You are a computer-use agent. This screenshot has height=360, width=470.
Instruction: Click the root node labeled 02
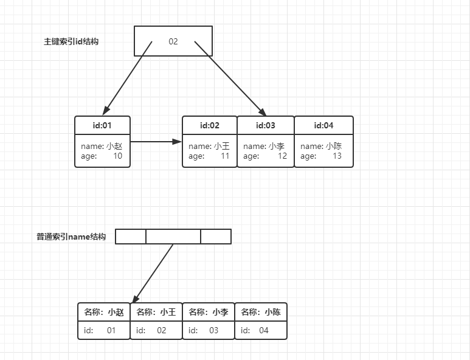coord(173,41)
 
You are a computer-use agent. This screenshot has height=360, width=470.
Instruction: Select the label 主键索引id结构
coord(71,42)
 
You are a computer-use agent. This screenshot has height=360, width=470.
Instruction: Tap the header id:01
coord(102,125)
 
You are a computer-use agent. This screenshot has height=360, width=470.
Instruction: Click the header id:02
coord(210,125)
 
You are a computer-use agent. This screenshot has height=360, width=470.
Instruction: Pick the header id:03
coord(266,125)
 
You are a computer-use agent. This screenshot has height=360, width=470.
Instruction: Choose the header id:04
coord(323,125)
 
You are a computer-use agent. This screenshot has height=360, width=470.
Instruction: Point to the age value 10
coord(117,156)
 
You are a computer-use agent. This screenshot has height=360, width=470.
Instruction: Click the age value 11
coord(225,156)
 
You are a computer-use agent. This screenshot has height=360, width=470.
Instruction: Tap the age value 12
coord(282,156)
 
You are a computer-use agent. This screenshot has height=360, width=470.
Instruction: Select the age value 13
coord(337,156)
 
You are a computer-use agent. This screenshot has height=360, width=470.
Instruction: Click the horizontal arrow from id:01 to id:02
coord(156,142)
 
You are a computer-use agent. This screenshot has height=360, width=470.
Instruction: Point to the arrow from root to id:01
coord(126,78)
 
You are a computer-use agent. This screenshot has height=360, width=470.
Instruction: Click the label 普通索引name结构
coord(71,237)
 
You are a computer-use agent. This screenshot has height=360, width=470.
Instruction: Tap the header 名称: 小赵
coord(104,312)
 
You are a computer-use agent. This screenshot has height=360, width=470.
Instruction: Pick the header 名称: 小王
coord(156,312)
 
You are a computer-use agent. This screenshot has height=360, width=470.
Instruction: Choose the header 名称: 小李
coord(209,312)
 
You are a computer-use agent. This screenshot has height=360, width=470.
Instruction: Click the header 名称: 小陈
coord(261,312)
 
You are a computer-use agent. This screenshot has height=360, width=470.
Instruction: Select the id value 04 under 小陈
coord(263,331)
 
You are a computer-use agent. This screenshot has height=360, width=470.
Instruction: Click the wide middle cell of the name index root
coord(173,236)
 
